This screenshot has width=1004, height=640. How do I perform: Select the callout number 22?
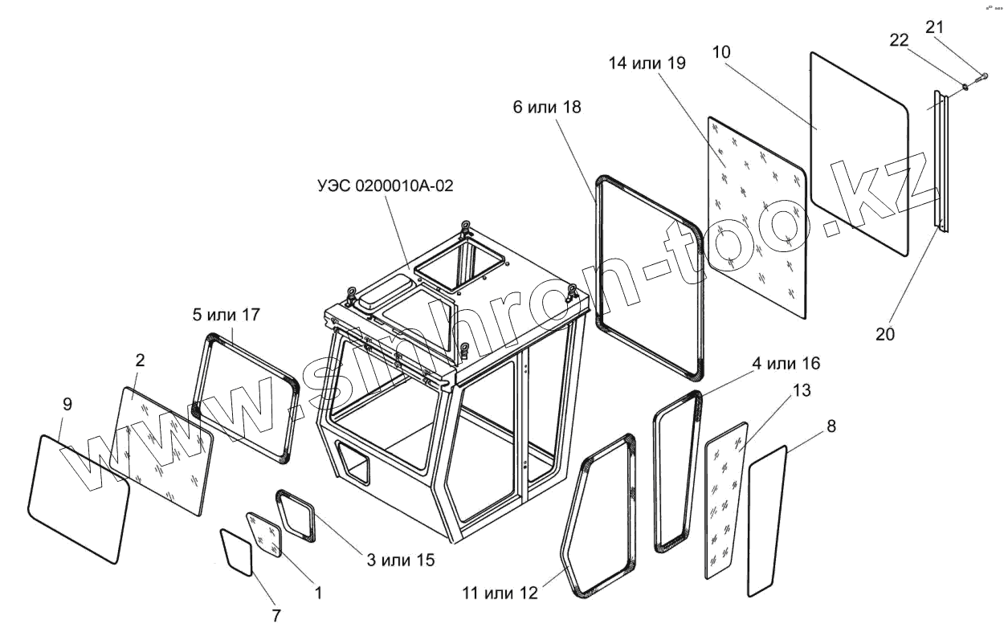coord(900,41)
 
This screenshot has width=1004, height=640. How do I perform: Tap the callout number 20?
coord(884,334)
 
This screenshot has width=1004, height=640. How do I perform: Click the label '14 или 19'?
coord(647,64)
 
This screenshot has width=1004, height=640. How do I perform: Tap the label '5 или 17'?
coord(227,314)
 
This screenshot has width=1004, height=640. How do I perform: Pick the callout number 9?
coord(67,405)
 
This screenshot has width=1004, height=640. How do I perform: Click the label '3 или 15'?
coord(401,560)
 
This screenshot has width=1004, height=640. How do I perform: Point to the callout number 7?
coord(275,616)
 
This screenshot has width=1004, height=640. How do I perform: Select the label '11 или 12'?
coord(499,593)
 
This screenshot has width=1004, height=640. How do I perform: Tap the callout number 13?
coord(801,390)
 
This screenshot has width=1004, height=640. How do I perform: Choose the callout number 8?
coord(831,426)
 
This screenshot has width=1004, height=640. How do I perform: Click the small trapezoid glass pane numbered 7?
coord(237,550)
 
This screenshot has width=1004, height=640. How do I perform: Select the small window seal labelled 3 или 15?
coord(295,516)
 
